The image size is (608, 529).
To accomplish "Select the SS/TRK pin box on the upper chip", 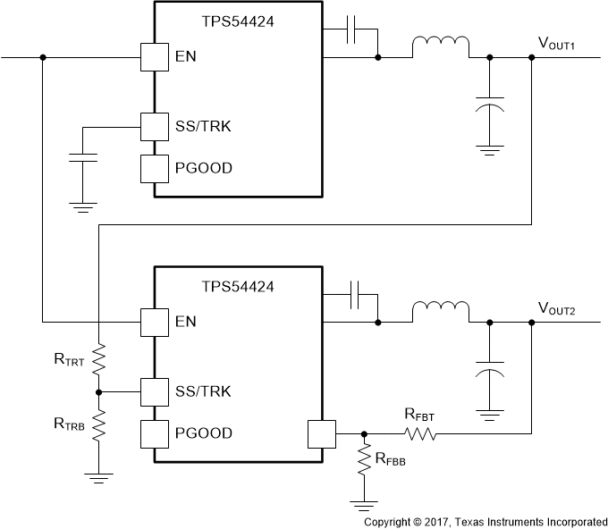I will click(x=155, y=127).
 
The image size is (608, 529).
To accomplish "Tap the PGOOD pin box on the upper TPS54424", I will click(x=155, y=168).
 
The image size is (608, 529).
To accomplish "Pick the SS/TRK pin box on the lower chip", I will click(x=155, y=391).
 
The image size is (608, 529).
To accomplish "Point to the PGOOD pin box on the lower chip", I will click(x=155, y=433).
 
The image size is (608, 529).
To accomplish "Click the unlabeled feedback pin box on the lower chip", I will click(x=320, y=433).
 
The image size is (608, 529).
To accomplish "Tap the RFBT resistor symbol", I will click(x=419, y=433).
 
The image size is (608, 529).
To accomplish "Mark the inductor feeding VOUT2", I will click(x=440, y=311).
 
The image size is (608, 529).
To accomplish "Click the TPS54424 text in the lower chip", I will click(x=238, y=287).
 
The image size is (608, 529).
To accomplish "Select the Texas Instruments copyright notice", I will click(x=485, y=520).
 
